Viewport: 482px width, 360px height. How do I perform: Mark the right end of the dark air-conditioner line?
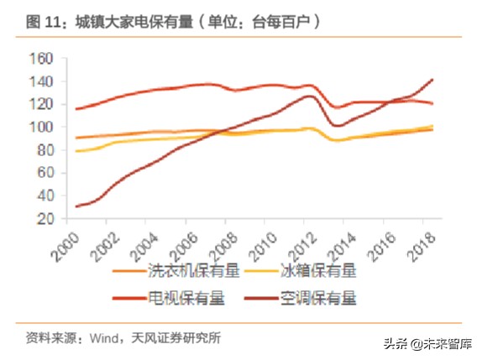click(x=433, y=80)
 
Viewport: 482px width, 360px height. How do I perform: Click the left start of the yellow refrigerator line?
click(x=76, y=151)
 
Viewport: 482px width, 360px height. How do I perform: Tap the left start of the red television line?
click(x=76, y=109)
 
